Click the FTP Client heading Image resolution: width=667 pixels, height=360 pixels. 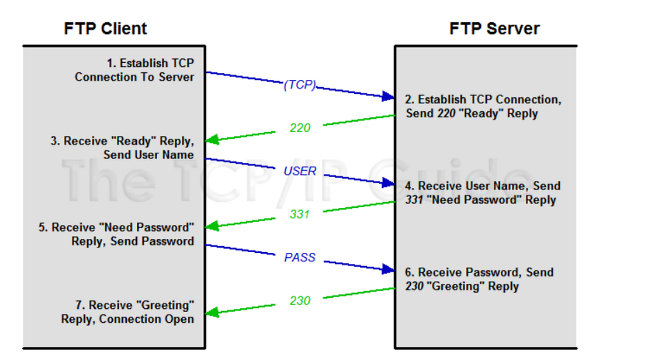(x=105, y=28)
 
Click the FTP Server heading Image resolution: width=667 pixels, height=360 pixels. (x=494, y=28)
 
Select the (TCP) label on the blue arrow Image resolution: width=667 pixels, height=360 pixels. (x=300, y=85)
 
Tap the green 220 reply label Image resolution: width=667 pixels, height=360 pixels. (x=300, y=128)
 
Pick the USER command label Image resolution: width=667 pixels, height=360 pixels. (x=300, y=171)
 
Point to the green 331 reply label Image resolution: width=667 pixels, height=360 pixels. (x=300, y=214)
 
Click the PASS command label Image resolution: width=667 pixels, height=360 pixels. (x=300, y=257)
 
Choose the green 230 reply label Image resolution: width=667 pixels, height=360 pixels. (x=300, y=301)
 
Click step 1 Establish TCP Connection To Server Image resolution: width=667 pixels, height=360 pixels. (x=135, y=70)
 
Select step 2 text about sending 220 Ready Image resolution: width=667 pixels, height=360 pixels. (x=482, y=107)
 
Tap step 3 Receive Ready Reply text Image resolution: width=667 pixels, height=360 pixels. (x=122, y=148)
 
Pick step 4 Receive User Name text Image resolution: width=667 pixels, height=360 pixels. (x=482, y=193)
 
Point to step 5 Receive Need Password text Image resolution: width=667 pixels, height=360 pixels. (x=117, y=234)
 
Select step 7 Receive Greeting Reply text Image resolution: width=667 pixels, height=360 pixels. (x=128, y=312)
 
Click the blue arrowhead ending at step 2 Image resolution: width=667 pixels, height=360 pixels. (x=388, y=97)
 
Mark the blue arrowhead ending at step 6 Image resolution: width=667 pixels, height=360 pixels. (x=388, y=270)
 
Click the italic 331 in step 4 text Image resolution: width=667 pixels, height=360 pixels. (x=414, y=200)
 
